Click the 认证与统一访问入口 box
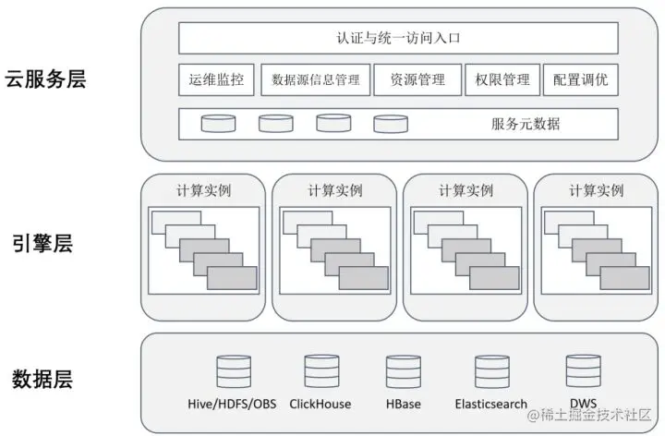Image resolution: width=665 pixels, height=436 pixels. coord(398,38)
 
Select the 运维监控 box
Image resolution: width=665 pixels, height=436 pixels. coord(216,79)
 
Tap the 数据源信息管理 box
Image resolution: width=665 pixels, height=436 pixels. coord(316,79)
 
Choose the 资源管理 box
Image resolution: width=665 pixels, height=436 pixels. coord(417,79)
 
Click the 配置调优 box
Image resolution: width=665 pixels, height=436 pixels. coord(580,79)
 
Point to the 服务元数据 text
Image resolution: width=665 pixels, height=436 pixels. coord(526,124)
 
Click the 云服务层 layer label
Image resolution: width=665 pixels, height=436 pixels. coord(45,79)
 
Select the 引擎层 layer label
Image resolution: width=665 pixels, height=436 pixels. coord(42,244)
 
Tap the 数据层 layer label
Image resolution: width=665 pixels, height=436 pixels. coord(42,379)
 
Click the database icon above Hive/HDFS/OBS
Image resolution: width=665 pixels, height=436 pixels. coord(232,371)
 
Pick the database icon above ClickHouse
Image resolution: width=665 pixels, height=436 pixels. coord(319,371)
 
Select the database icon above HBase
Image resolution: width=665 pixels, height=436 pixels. coord(405,371)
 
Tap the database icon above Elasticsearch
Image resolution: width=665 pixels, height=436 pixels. coord(491,371)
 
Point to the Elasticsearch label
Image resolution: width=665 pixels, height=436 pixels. coord(491,404)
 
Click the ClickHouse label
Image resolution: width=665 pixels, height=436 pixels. coord(319,404)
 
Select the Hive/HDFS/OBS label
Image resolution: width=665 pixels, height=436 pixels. coord(232,404)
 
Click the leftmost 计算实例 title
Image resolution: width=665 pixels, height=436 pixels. coord(204,190)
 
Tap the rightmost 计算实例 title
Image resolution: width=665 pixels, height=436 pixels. coord(596,190)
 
